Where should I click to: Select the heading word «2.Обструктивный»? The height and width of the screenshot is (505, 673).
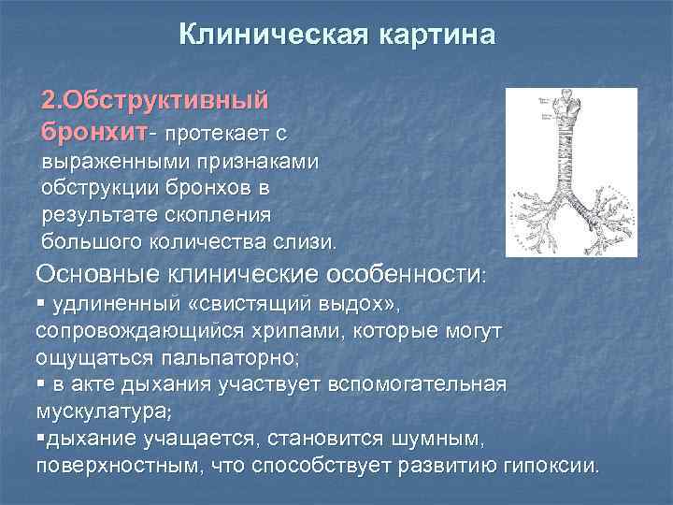[155, 99]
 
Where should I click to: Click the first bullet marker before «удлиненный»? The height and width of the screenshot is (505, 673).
[42, 305]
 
